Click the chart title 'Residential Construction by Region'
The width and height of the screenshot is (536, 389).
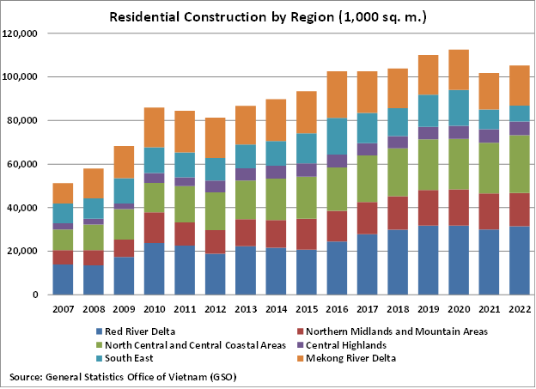[267, 16]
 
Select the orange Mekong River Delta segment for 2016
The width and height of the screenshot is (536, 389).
[337, 94]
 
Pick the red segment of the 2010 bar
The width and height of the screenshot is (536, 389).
[154, 228]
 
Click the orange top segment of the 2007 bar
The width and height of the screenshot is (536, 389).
[63, 193]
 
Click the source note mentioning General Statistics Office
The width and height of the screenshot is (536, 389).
[123, 377]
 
